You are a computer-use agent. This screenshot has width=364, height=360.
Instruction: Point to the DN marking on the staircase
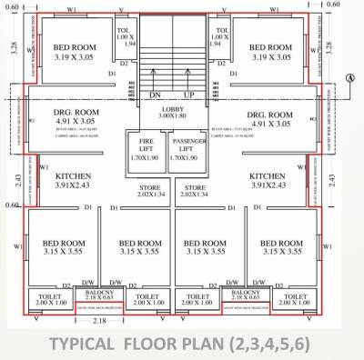[156, 94]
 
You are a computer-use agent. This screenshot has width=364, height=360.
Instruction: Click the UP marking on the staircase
[189, 94]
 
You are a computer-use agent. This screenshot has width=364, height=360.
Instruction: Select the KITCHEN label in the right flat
[268, 175]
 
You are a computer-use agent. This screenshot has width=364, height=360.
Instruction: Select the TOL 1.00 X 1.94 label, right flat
[218, 36]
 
